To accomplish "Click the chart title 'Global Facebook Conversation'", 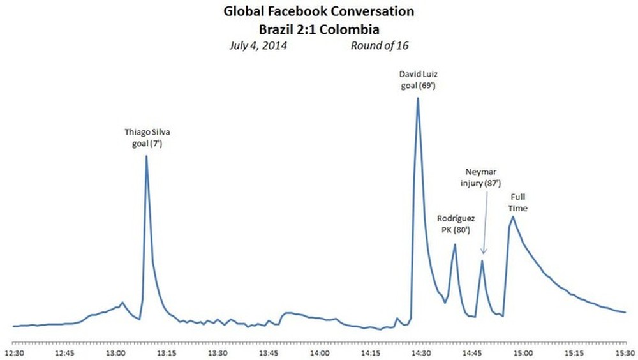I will coord(318,11).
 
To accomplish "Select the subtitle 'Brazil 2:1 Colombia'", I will coord(318,29).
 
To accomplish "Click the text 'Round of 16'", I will coord(379,46).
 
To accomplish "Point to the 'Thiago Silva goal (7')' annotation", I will coord(147,139).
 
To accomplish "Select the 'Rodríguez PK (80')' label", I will coord(455,225).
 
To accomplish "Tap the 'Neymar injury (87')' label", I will coord(482,179).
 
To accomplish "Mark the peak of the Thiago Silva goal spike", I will coord(147,156).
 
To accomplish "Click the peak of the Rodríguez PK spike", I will coord(455,244).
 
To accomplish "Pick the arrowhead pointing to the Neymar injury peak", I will coord(482,253).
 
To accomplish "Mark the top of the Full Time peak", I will coord(512,216).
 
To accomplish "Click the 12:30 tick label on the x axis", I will coord(14,352).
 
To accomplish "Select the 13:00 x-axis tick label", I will coord(115,352).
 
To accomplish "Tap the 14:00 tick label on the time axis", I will coord(319,352).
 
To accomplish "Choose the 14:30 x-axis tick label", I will coord(420,352).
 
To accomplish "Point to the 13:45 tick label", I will coord(268,352).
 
